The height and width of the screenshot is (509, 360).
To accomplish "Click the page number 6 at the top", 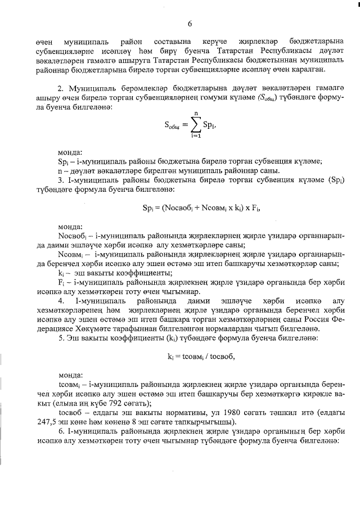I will coord(190,24).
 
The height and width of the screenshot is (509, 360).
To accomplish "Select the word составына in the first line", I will coord(172,42).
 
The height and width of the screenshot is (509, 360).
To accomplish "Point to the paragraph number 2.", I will coord(60,89).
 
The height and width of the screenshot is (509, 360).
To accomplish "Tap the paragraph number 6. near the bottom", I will coord(60,433).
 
